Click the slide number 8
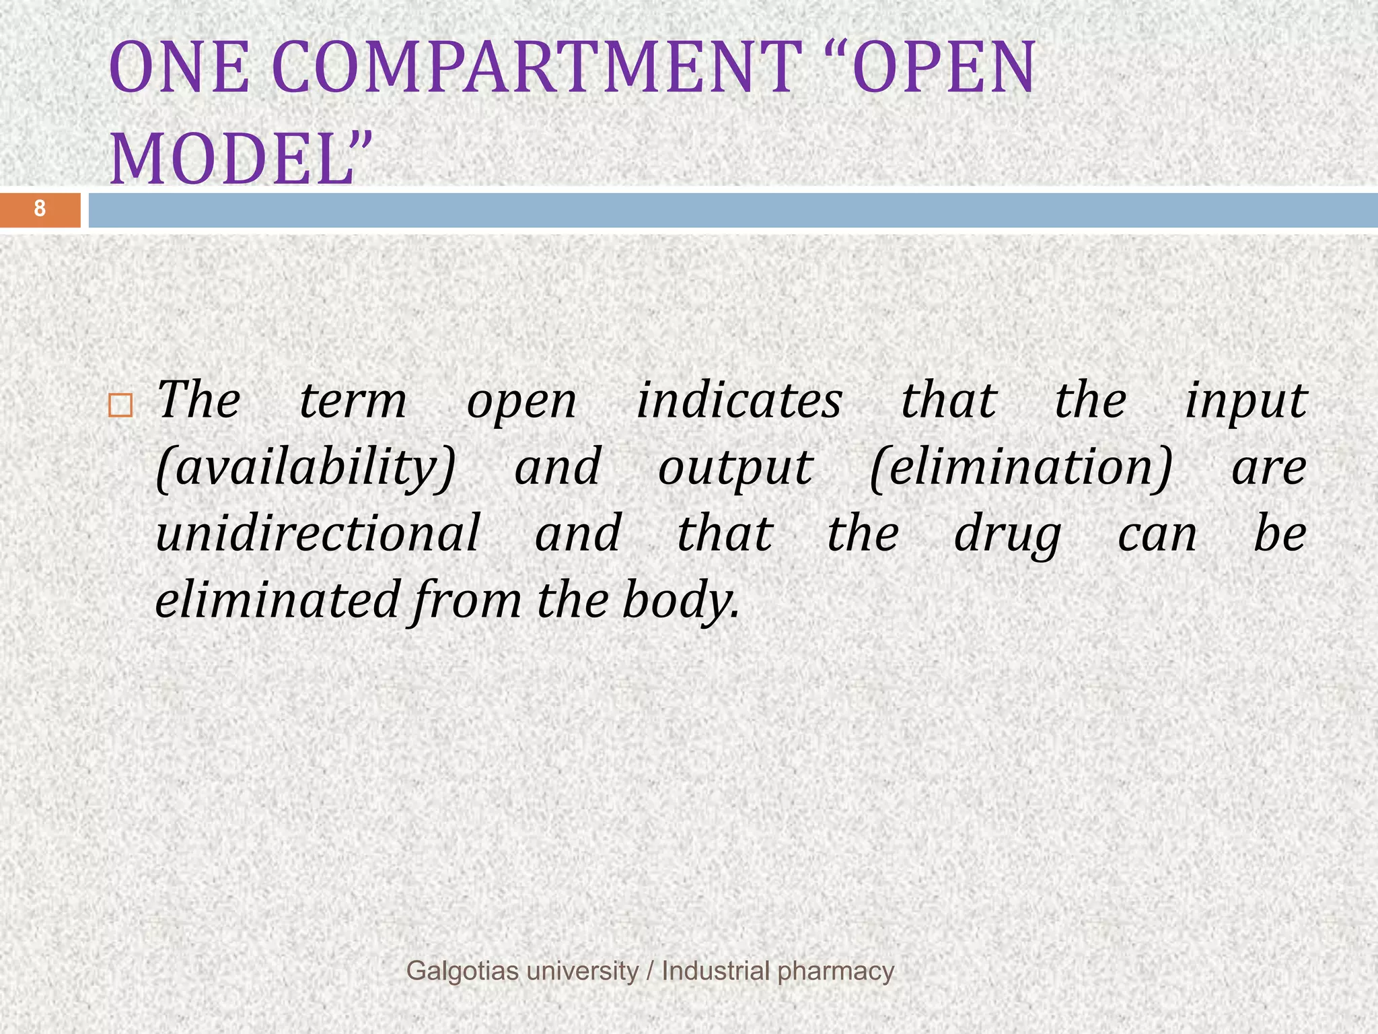coord(40,209)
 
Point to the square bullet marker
coord(120,405)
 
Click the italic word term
coord(353,401)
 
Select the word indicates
coord(739,401)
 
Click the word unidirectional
coord(318,533)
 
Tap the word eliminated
coord(278,600)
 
